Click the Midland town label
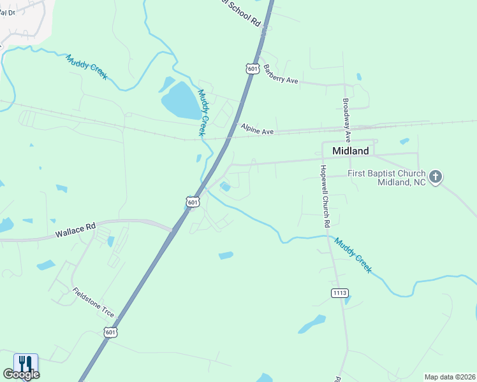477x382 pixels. pos(351,151)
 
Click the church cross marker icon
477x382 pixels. pos(436,177)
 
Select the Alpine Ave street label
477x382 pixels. pos(257,129)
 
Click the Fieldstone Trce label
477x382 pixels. pos(93,303)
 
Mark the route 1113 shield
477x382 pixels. pos(340,292)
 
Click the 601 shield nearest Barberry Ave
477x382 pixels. pos(253,68)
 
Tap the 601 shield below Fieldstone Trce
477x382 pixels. pos(110,332)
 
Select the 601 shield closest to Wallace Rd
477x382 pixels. pos(193,201)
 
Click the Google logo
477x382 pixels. pos(21,374)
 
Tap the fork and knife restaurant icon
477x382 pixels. pos(26,364)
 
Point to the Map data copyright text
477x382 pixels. pos(450,377)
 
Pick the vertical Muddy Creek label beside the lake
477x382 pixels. pos(203,112)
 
